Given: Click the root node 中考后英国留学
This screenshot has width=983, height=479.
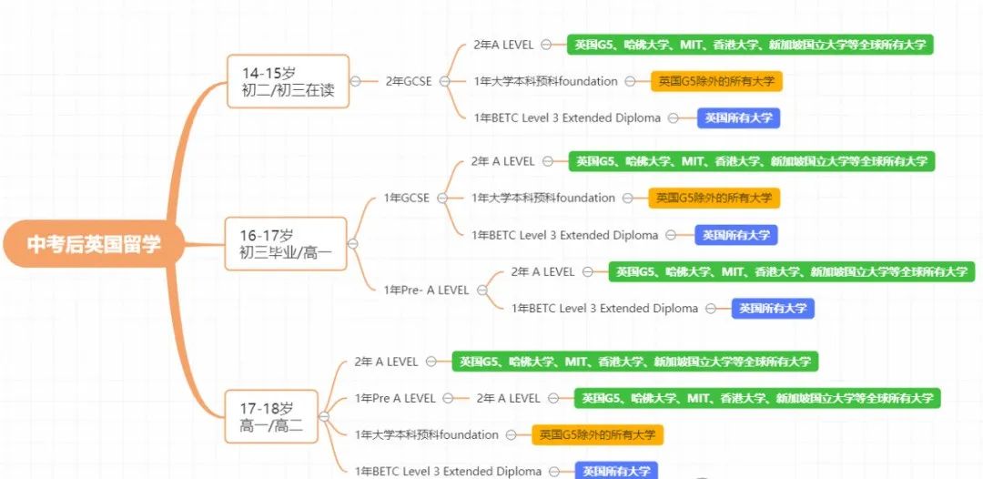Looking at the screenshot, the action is point(94,244).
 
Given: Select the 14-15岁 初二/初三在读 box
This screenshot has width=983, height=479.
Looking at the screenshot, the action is point(288,82).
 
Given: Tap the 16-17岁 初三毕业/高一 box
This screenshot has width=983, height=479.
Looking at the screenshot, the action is point(286,244).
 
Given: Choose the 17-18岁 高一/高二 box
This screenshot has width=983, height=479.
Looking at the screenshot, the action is point(271,416).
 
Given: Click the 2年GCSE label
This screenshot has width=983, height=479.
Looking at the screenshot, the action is point(408,81).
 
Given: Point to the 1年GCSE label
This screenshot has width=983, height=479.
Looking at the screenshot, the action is point(406,199).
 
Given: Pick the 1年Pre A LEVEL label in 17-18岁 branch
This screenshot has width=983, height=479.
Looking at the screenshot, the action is point(395,398).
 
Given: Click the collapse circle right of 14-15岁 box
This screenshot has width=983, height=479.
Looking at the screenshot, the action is point(356,81).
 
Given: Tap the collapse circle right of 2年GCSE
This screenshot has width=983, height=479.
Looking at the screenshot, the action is point(444,81).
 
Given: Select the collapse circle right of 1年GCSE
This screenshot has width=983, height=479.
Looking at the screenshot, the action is point(442,199).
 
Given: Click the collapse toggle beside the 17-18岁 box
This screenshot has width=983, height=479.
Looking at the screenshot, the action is point(324,416).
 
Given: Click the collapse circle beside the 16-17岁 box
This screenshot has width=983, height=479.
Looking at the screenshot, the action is point(352,244).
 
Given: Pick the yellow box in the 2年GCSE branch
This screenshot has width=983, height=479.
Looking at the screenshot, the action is point(716,81).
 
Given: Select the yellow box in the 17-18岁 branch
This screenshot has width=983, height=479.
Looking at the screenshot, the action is point(597,435).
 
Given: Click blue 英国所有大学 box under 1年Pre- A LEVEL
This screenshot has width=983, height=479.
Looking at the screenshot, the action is point(773,309).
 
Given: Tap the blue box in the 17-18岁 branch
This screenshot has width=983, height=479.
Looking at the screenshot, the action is point(617,471).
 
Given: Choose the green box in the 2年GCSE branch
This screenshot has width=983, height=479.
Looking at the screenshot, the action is point(750,45).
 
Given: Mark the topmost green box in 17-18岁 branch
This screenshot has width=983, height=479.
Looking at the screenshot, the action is point(635,362).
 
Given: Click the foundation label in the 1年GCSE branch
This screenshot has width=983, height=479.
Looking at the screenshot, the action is point(543,199).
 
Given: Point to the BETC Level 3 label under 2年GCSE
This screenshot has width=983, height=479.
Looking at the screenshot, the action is point(567,117).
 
